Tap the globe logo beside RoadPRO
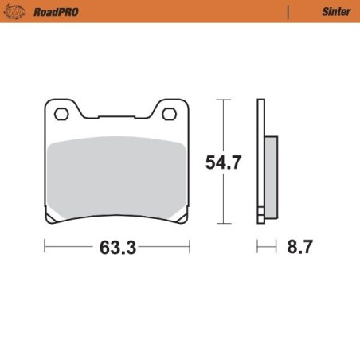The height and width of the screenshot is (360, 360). pyautogui.click(x=19, y=13)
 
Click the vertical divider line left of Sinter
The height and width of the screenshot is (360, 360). pyautogui.click(x=288, y=13)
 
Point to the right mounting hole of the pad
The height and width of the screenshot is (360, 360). pyautogui.click(x=169, y=115)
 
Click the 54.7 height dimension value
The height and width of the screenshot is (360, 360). pyautogui.click(x=224, y=162)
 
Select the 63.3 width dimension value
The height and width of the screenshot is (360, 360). pyautogui.click(x=118, y=248)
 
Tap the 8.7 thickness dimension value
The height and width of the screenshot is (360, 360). pyautogui.click(x=299, y=248)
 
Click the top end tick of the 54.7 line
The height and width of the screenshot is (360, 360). pyautogui.click(x=224, y=100)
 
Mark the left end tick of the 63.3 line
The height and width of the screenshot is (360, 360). pyautogui.click(x=45, y=248)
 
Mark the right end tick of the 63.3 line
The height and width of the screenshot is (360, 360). pyautogui.click(x=189, y=248)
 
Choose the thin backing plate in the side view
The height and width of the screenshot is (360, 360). pyautogui.click(x=260, y=159)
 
